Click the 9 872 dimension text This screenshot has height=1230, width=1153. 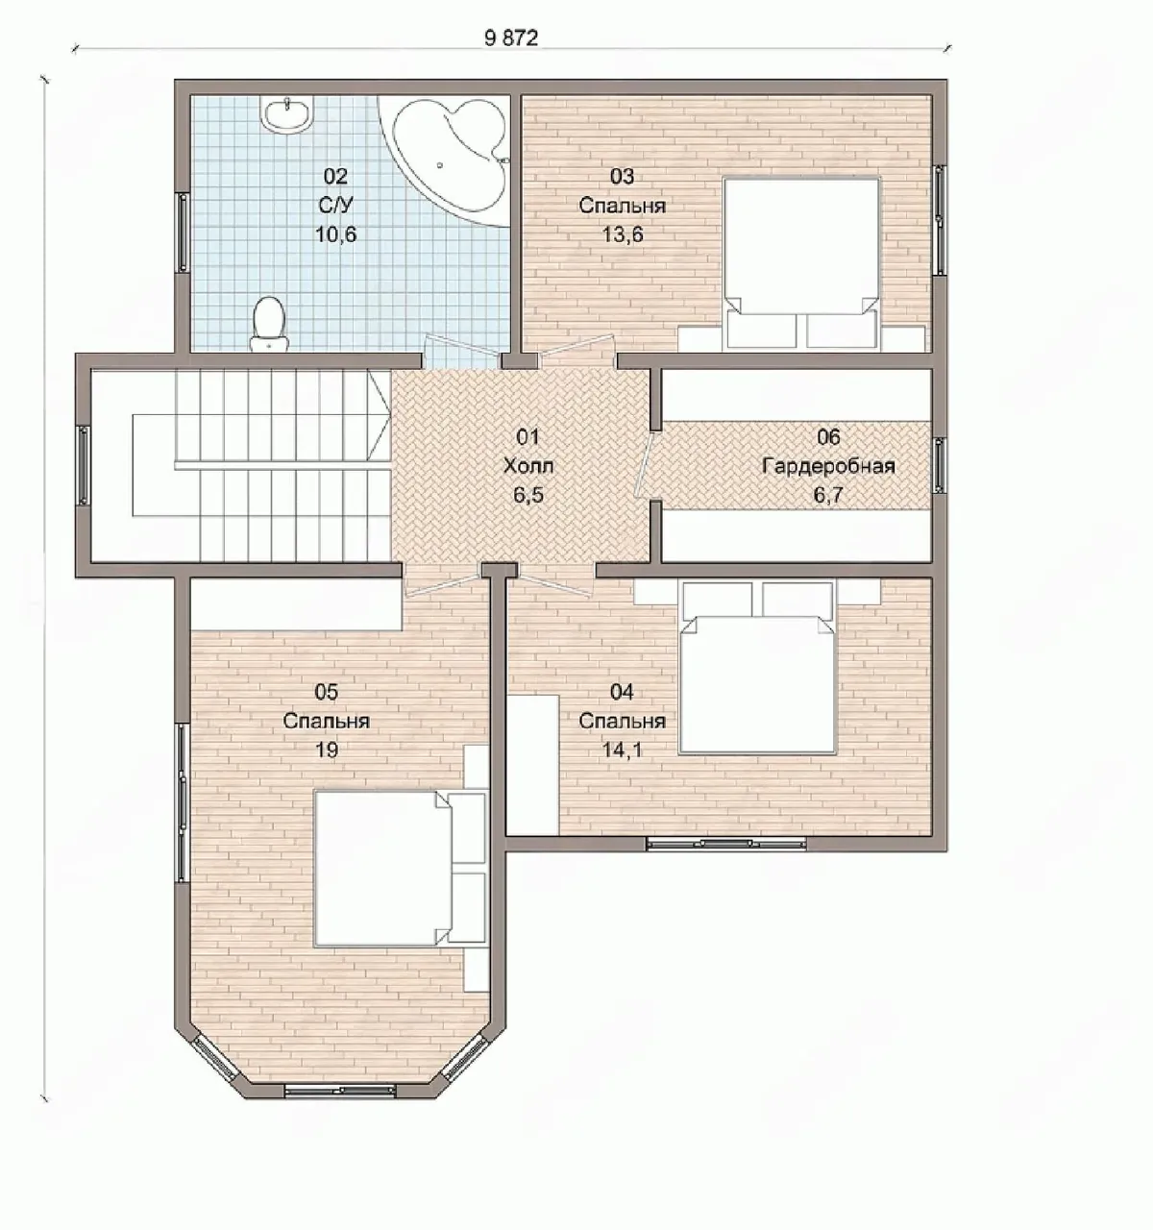(x=511, y=38)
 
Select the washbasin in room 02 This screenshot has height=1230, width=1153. (x=286, y=113)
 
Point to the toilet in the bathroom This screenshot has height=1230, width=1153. (x=268, y=323)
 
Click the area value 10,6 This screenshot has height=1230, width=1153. (x=335, y=234)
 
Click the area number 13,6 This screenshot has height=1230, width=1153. (x=622, y=234)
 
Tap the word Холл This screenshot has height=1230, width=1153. (x=527, y=466)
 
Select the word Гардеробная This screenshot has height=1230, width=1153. (x=828, y=466)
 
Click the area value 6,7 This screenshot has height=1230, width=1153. (x=828, y=495)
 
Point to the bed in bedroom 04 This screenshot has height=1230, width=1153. (x=757, y=668)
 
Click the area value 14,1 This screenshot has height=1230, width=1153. (x=622, y=750)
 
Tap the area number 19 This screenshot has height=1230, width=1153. (x=327, y=750)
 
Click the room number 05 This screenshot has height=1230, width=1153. (x=327, y=692)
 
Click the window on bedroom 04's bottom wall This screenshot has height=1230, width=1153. (x=726, y=843)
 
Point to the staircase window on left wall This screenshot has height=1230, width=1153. (x=84, y=465)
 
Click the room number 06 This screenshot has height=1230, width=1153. (x=828, y=436)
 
